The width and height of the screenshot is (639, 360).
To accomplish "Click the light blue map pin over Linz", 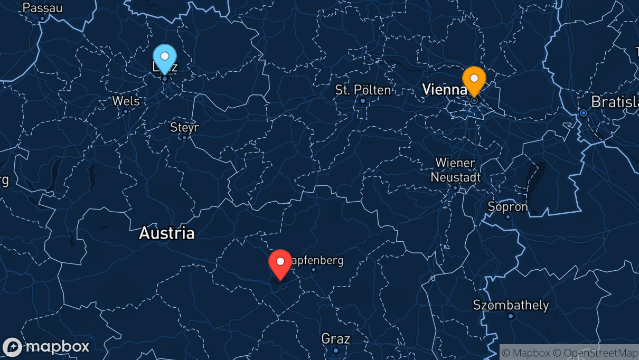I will pos(164,57).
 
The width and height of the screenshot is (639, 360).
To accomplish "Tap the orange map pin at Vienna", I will pos(474,79).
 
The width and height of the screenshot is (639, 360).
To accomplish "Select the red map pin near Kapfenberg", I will pos(280,262).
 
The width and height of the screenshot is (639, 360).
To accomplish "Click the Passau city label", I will pos(43,8).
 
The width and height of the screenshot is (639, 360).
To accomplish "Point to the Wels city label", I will pos(126,101).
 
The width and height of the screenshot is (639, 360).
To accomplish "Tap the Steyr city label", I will pos(184,127).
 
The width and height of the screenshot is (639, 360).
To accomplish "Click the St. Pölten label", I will pos(363,90).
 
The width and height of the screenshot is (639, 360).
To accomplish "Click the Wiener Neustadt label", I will pos(455,170).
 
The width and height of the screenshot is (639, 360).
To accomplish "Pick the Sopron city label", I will pos(508,206).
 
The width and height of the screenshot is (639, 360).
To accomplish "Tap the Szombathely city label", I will pos(511,305).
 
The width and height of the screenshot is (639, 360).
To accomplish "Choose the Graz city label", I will pos(336,338).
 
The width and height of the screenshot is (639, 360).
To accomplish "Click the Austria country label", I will pos(167,233).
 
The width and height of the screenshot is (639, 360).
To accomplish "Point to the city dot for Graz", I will pos(336,350).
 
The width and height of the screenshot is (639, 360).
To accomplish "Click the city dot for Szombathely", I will pos(511,316).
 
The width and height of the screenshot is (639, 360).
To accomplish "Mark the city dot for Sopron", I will pos(508,217).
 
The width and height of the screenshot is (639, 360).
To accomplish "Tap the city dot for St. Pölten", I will pos(363,100).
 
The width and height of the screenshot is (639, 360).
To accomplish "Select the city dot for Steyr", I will pos(184,137).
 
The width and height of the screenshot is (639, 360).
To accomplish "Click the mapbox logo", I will pos(46,347).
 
